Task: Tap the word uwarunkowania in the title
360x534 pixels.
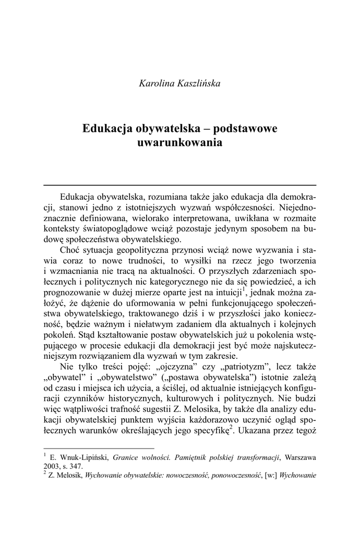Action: click(x=180, y=142)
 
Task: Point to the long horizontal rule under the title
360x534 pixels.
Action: click(x=180, y=185)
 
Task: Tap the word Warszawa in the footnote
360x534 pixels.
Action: click(x=299, y=458)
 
